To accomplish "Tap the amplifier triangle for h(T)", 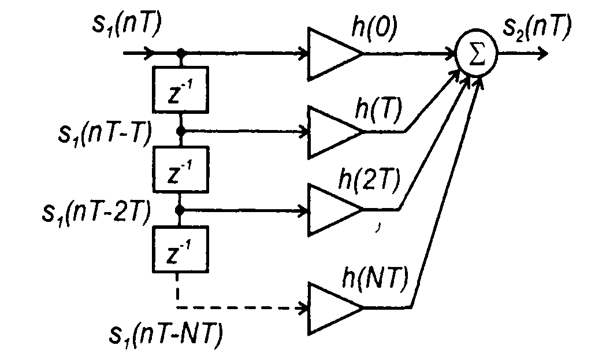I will [332, 132].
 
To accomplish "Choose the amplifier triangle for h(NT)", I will [332, 307].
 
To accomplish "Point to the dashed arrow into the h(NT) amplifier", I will [243, 307].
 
